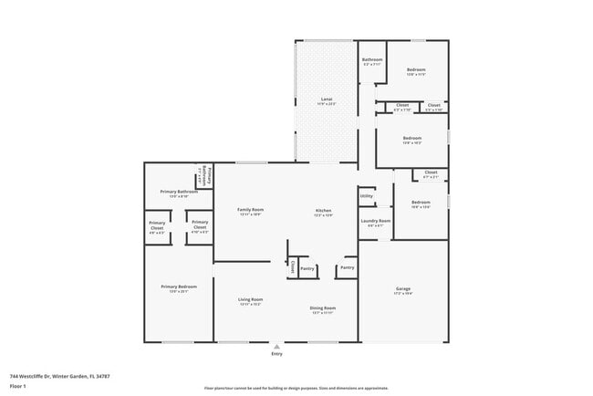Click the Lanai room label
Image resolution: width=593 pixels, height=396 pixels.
tap(326, 99)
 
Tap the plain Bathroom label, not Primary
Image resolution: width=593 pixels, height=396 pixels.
tap(371, 60)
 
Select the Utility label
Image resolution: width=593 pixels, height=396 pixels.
tap(366, 195)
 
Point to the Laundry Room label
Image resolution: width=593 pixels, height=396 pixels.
tap(375, 220)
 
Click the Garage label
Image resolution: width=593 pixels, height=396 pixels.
tap(402, 288)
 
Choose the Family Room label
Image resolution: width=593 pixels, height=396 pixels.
tap(250, 209)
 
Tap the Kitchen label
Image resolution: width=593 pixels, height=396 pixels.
tap(323, 209)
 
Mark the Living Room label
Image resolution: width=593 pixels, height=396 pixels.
tap(251, 299)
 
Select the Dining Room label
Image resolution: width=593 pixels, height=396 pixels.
tap(323, 307)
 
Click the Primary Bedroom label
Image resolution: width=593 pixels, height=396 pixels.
tap(178, 287)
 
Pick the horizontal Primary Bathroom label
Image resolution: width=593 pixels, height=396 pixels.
tap(179, 191)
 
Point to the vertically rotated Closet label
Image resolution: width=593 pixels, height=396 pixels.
tap(293, 267)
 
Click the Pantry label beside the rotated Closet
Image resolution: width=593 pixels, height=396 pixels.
tap(307, 268)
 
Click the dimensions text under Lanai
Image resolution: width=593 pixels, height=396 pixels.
tap(326, 104)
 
